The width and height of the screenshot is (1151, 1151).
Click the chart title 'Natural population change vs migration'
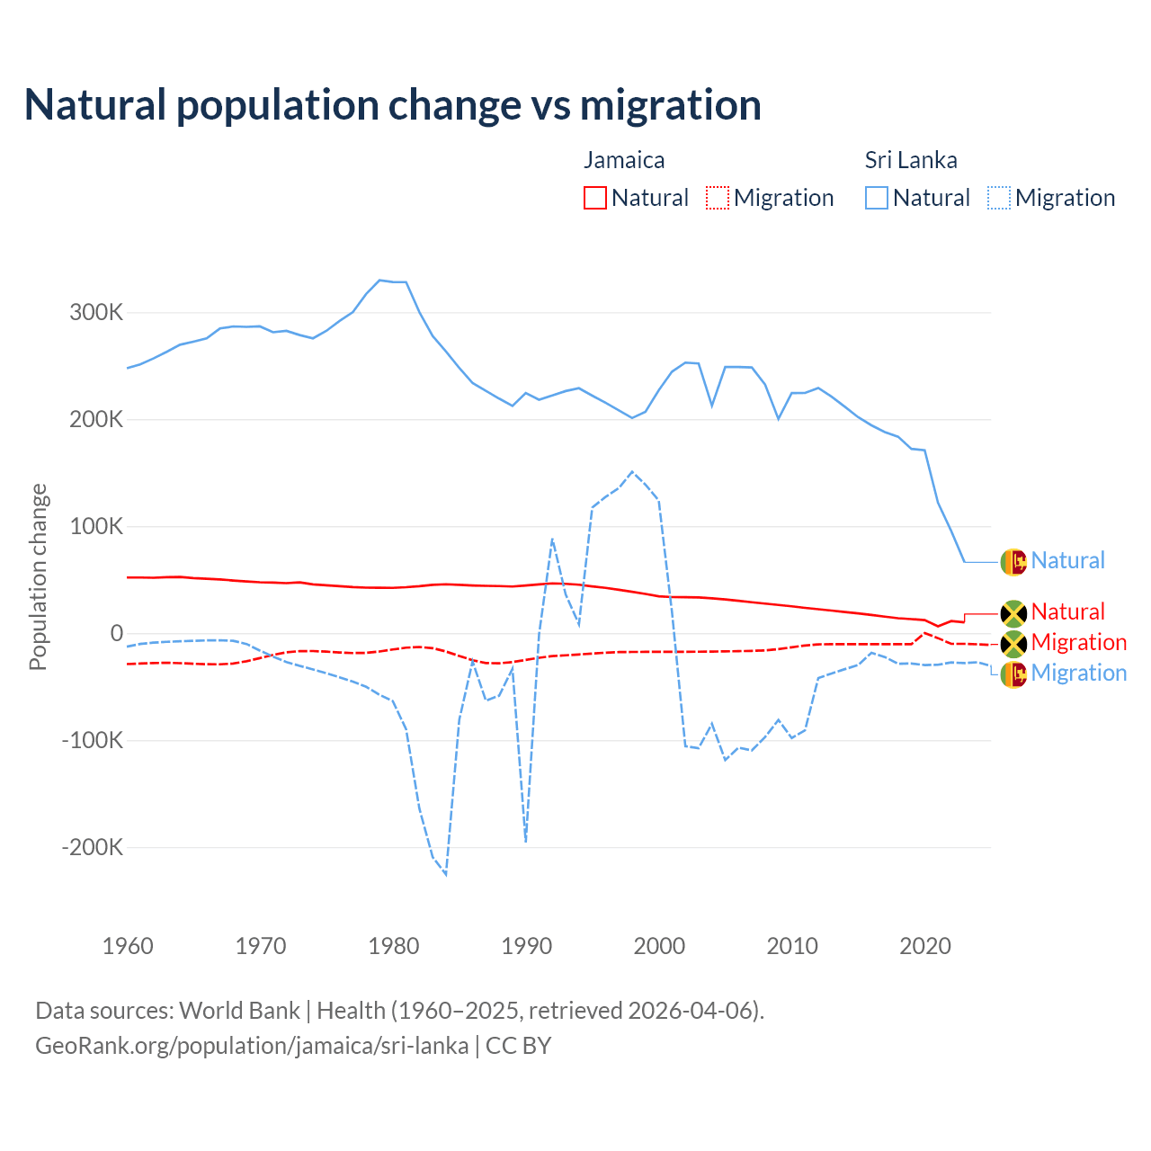[x=393, y=105]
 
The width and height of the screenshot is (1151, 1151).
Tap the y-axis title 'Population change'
[x=38, y=576]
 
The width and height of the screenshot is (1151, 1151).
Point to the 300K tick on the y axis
[x=96, y=313]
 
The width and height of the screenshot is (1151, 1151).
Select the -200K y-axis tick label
[x=93, y=847]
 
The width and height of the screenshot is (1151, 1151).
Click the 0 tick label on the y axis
[x=116, y=633]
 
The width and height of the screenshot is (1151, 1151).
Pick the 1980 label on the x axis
[x=394, y=946]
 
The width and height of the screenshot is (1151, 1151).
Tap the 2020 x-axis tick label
[x=925, y=946]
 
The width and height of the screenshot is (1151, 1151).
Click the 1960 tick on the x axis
[x=129, y=946]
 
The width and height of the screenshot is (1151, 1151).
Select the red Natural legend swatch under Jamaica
[x=595, y=198]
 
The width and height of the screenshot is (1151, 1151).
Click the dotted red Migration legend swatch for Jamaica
[x=718, y=198]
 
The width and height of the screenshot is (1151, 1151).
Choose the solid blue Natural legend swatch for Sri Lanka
[x=877, y=198]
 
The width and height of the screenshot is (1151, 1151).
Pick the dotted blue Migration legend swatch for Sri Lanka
[x=999, y=198]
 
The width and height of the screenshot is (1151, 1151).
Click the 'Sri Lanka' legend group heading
[x=911, y=160]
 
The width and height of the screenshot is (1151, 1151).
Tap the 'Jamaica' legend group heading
[x=624, y=160]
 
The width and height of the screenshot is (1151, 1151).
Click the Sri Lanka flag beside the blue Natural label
[x=1013, y=561]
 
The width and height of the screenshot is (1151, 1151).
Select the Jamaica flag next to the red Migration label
[x=1013, y=643]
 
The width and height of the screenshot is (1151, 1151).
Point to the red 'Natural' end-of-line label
[x=1067, y=612]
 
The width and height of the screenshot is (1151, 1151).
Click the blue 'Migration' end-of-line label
[x=1078, y=674]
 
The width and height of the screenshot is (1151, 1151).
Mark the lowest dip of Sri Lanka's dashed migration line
[x=446, y=874]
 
